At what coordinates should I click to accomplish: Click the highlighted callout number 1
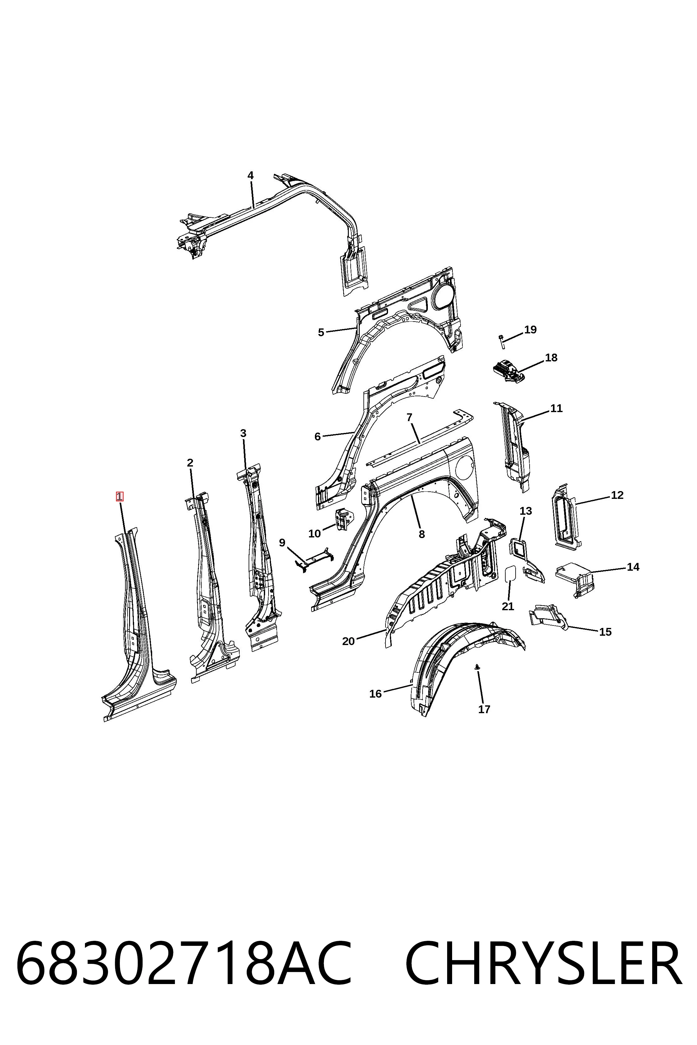pos(119,496)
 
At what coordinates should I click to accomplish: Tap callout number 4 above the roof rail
pos(251,175)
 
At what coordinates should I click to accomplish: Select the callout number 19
pos(530,330)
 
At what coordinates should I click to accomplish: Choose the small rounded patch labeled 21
pos(510,574)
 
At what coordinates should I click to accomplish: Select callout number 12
pos(617,495)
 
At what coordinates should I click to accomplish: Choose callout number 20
pos(348,641)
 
